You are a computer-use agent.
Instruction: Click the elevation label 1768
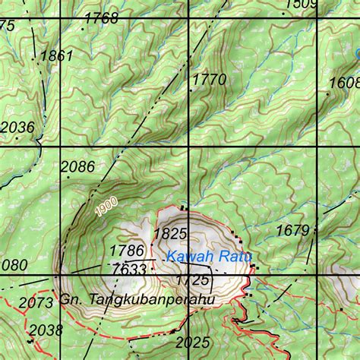tap(102, 18)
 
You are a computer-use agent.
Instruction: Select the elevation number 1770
tap(210, 79)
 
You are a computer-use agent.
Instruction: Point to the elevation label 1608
tap(344, 83)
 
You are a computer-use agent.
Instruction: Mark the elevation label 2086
tap(77, 167)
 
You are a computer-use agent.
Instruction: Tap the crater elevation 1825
tap(170, 233)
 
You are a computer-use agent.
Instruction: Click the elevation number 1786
tap(127, 251)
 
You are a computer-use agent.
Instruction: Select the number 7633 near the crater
tap(128, 269)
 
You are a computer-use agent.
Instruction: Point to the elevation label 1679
tap(292, 230)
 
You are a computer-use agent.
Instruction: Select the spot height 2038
tap(46, 330)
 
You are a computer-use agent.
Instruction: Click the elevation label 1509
tap(300, 5)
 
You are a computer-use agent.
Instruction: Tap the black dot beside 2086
tap(67, 176)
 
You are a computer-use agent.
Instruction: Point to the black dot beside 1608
tap(328, 94)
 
